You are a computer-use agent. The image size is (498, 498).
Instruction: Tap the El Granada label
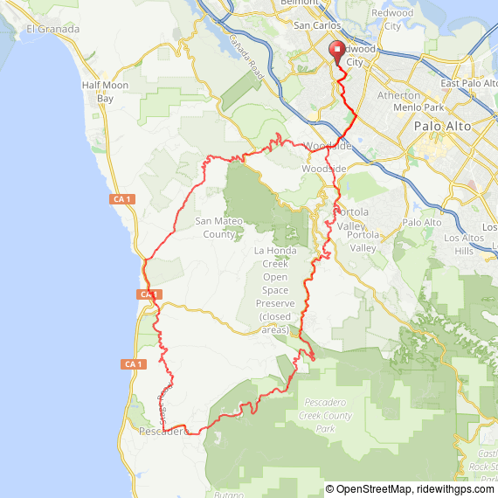52,29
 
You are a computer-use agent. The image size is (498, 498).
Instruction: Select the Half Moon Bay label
105,92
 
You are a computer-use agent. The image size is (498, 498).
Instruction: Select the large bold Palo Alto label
442,127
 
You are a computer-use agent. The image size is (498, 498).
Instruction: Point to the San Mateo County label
219,227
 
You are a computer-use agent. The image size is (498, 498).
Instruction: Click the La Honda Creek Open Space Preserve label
275,290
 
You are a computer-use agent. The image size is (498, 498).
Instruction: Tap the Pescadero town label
163,432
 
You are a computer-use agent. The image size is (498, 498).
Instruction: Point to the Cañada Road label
246,60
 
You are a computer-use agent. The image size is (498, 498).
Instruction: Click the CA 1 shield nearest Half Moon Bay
122,200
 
